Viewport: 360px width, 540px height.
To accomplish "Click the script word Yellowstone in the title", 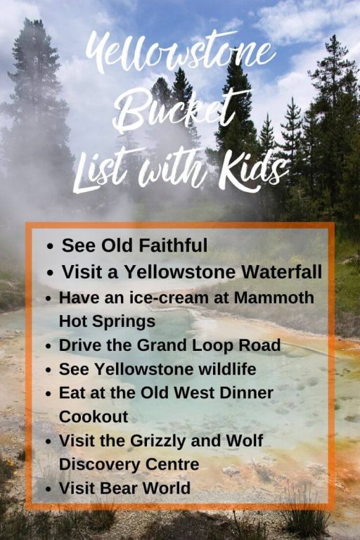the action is pos(180,51).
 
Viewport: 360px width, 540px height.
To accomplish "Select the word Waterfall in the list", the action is pos(281,271).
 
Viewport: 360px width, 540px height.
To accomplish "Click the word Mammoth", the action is pos(274,297).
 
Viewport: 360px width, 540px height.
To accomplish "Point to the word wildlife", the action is pos(227,369).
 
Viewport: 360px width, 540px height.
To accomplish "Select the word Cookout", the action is pos(94,417).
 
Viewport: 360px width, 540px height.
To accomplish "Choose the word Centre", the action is pos(172,464).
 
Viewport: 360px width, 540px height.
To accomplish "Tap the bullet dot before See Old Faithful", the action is pos(51,247).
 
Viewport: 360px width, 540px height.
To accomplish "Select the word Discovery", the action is pos(100,465).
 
